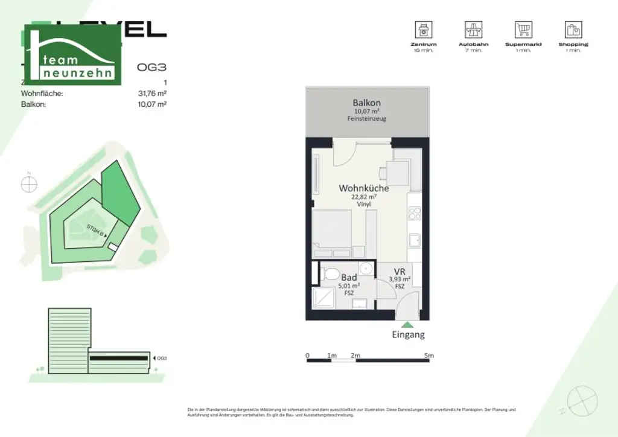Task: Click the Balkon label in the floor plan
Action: coord(366,103)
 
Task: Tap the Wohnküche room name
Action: coord(363,188)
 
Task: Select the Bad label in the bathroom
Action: coord(349,277)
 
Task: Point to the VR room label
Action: coord(399,272)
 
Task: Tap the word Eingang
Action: coord(408,334)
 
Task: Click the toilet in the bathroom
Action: coord(330,274)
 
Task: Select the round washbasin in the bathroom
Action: coord(365,269)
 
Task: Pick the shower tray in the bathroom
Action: coord(323,299)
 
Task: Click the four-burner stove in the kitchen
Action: coord(415,213)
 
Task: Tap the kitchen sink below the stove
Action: coord(414,240)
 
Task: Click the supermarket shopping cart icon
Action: coord(523,30)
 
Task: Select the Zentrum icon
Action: coord(423,30)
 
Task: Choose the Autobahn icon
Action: coord(473,30)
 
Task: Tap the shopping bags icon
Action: coord(573,30)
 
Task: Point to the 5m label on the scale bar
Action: coord(428,356)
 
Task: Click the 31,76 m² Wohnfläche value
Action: coord(152,94)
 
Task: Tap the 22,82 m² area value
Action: coord(364,197)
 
